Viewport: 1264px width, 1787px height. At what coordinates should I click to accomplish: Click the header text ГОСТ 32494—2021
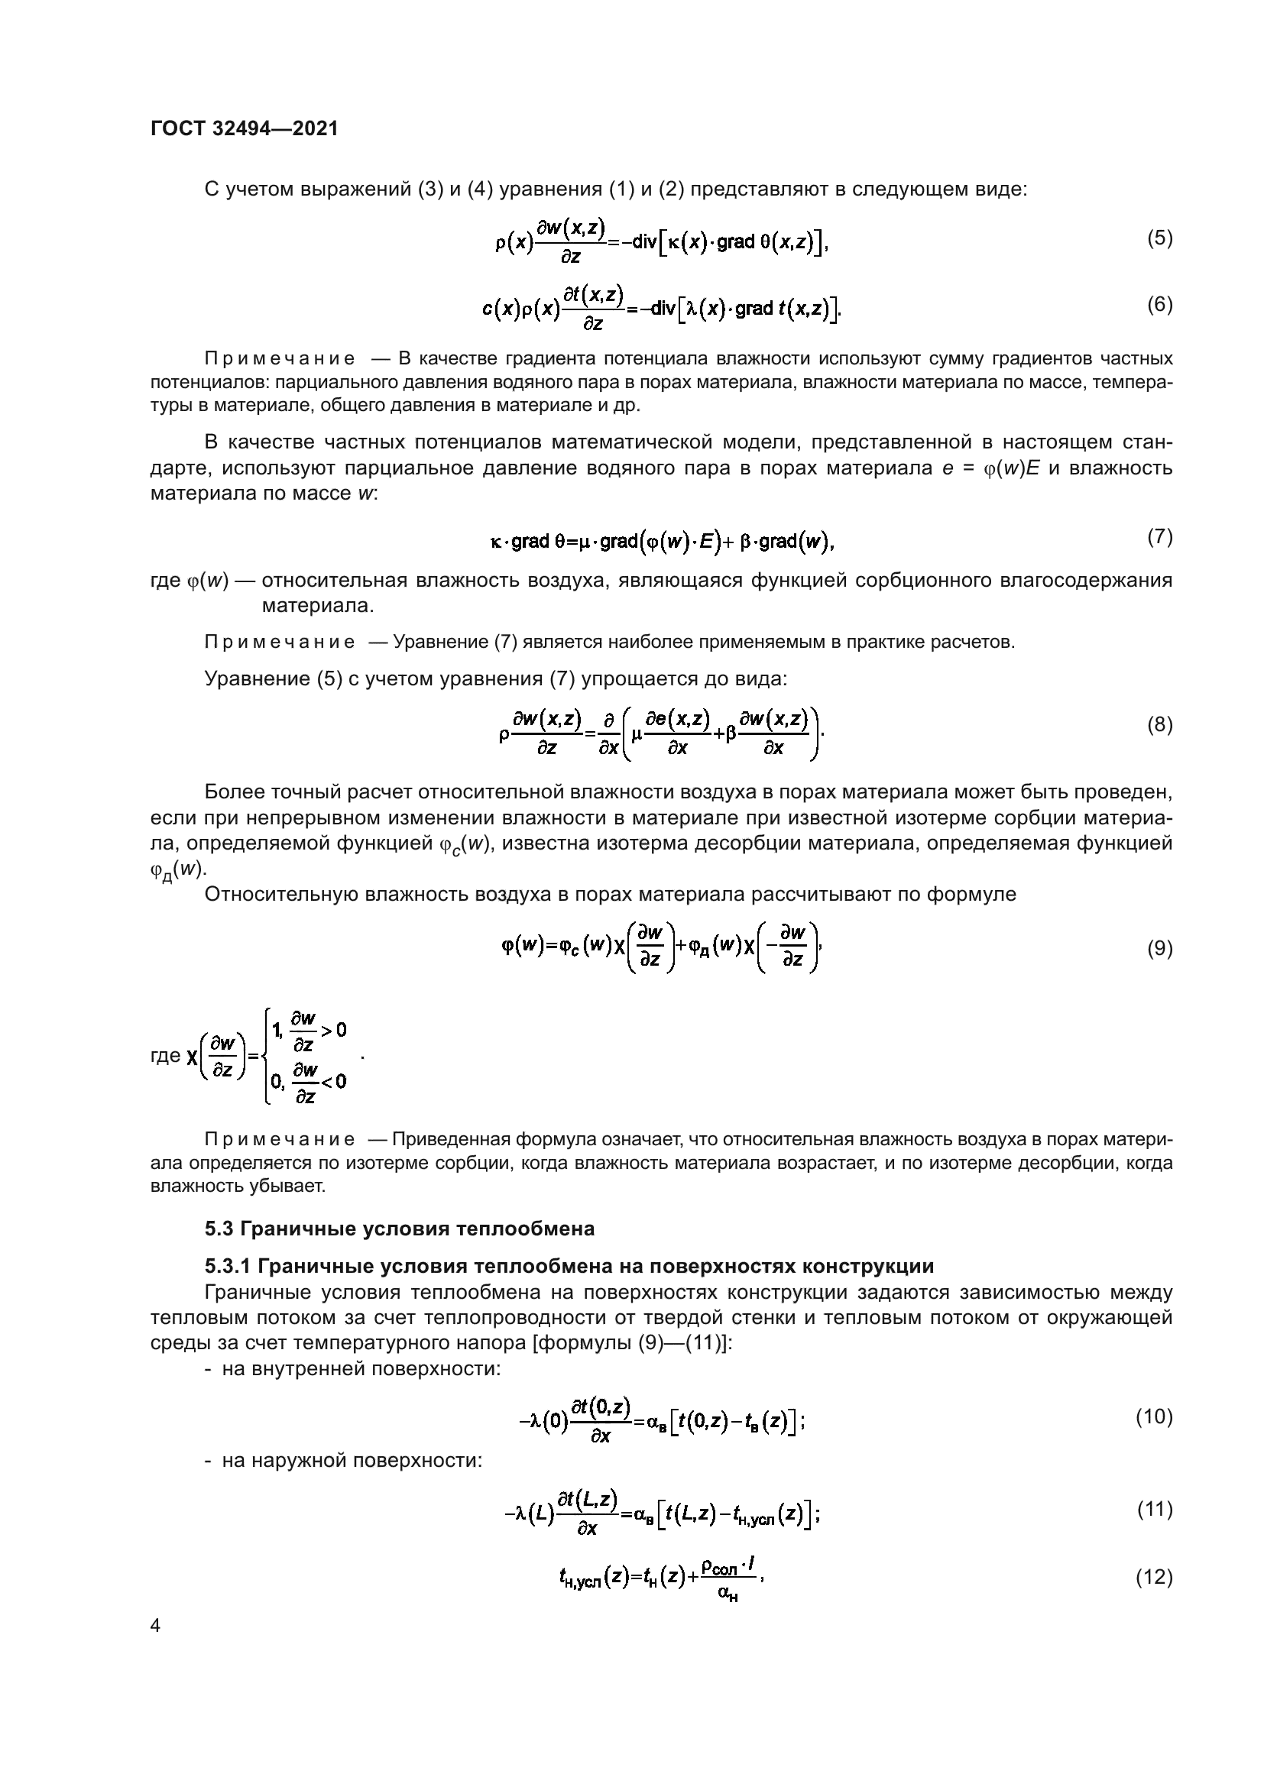coord(244,128)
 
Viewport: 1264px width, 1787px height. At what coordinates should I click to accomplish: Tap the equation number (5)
coord(1159,238)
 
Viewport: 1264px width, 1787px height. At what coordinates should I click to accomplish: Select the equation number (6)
coord(1159,305)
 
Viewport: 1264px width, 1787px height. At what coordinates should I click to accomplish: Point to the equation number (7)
coord(1159,537)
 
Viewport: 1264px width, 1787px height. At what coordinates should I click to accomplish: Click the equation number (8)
coord(1159,725)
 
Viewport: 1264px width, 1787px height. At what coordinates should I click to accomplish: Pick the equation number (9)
coord(1159,949)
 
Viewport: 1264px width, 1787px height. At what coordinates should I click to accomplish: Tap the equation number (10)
coord(1154,1416)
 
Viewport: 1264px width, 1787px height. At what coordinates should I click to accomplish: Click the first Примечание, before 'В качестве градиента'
coord(280,359)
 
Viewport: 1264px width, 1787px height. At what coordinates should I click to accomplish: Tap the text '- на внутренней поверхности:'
coord(352,1368)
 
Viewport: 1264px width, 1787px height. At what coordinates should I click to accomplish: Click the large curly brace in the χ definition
coord(267,1055)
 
